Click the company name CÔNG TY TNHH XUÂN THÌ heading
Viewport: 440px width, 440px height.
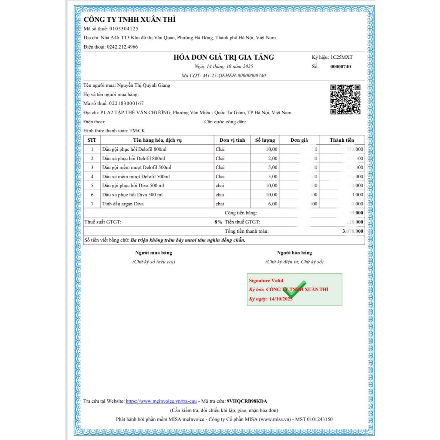[129, 20]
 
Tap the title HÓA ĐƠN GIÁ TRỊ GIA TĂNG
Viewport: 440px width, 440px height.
[223, 57]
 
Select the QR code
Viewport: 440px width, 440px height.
[345, 100]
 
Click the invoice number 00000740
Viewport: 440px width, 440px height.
[340, 67]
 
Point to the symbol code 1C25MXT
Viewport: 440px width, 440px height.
[341, 57]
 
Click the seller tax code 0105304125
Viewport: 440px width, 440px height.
[124, 29]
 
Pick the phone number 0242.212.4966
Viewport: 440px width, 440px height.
[122, 46]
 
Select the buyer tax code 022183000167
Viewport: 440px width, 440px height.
[126, 103]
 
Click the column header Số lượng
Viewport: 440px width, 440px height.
[265, 140]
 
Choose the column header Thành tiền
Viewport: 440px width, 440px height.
[342, 140]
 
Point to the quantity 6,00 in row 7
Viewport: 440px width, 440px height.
[272, 204]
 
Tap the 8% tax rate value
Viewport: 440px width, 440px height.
[218, 222]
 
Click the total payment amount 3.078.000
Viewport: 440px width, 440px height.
[352, 231]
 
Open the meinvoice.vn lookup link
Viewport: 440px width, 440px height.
[161, 401]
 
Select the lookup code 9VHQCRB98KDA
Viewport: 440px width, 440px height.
[247, 401]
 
